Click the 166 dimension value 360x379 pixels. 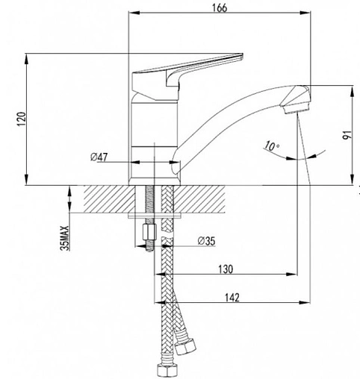(x=220, y=8)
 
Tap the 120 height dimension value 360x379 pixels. (x=22, y=119)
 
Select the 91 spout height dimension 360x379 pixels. (x=348, y=135)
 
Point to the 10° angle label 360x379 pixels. (x=271, y=146)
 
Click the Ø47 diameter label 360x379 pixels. (x=99, y=157)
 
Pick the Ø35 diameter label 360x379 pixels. (x=206, y=241)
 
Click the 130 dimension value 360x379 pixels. (x=226, y=269)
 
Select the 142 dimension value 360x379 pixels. (x=232, y=298)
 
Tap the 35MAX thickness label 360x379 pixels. (x=64, y=238)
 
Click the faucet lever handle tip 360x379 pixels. (x=241, y=56)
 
